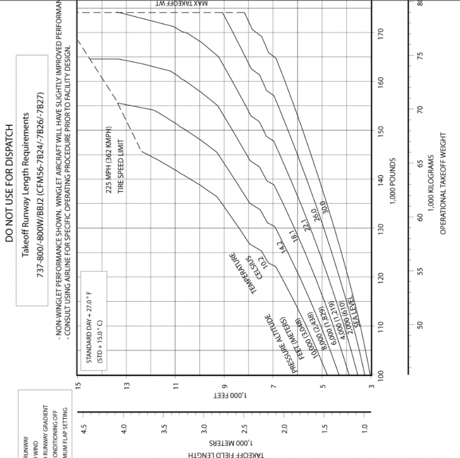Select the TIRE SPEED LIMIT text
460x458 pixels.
121,166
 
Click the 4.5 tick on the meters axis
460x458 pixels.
84,428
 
